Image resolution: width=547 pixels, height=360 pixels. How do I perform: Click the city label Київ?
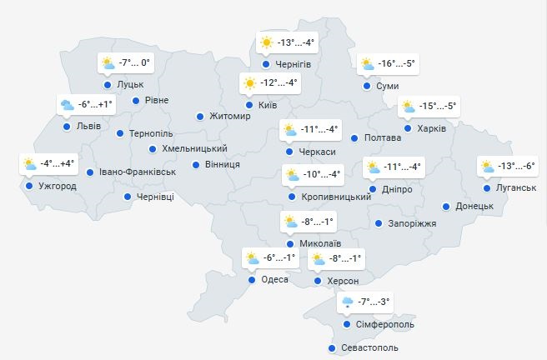click(x=268, y=104)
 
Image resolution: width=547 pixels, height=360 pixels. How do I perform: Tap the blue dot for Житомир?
click(x=200, y=117)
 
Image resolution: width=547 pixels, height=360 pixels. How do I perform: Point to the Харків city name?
click(x=432, y=127)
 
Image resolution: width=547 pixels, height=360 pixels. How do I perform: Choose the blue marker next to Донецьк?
click(x=446, y=206)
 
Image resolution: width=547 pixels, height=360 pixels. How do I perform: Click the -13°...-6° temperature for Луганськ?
click(x=517, y=167)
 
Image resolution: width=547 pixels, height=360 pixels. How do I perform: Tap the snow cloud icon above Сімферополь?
click(x=346, y=302)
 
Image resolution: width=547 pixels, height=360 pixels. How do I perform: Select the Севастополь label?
click(x=370, y=347)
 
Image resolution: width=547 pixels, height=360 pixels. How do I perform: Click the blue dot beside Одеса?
click(x=252, y=280)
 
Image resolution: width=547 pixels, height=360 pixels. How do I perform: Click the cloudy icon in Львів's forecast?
click(x=67, y=105)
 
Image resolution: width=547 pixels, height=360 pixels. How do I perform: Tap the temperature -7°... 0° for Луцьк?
click(x=133, y=62)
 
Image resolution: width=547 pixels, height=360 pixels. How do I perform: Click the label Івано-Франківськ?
click(x=137, y=172)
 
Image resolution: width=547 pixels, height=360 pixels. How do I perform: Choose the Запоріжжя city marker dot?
click(x=379, y=223)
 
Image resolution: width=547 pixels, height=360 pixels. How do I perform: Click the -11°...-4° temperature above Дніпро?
click(x=404, y=167)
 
